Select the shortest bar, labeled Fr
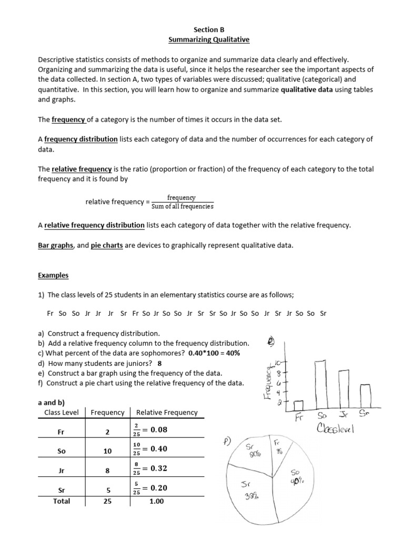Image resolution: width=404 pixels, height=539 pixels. point(298,405)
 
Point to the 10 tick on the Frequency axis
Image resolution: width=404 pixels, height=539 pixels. point(279,364)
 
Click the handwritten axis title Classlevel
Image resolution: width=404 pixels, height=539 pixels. point(336,429)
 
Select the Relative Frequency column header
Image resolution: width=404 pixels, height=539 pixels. point(167,412)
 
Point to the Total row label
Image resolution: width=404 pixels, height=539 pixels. point(62,501)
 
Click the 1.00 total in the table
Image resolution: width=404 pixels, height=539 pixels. point(156,502)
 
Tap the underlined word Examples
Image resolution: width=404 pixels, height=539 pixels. point(53,276)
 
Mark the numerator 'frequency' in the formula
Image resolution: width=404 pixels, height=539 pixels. point(181,197)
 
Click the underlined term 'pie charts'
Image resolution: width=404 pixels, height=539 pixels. point(107,245)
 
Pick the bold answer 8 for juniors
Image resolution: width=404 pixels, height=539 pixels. point(159,363)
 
